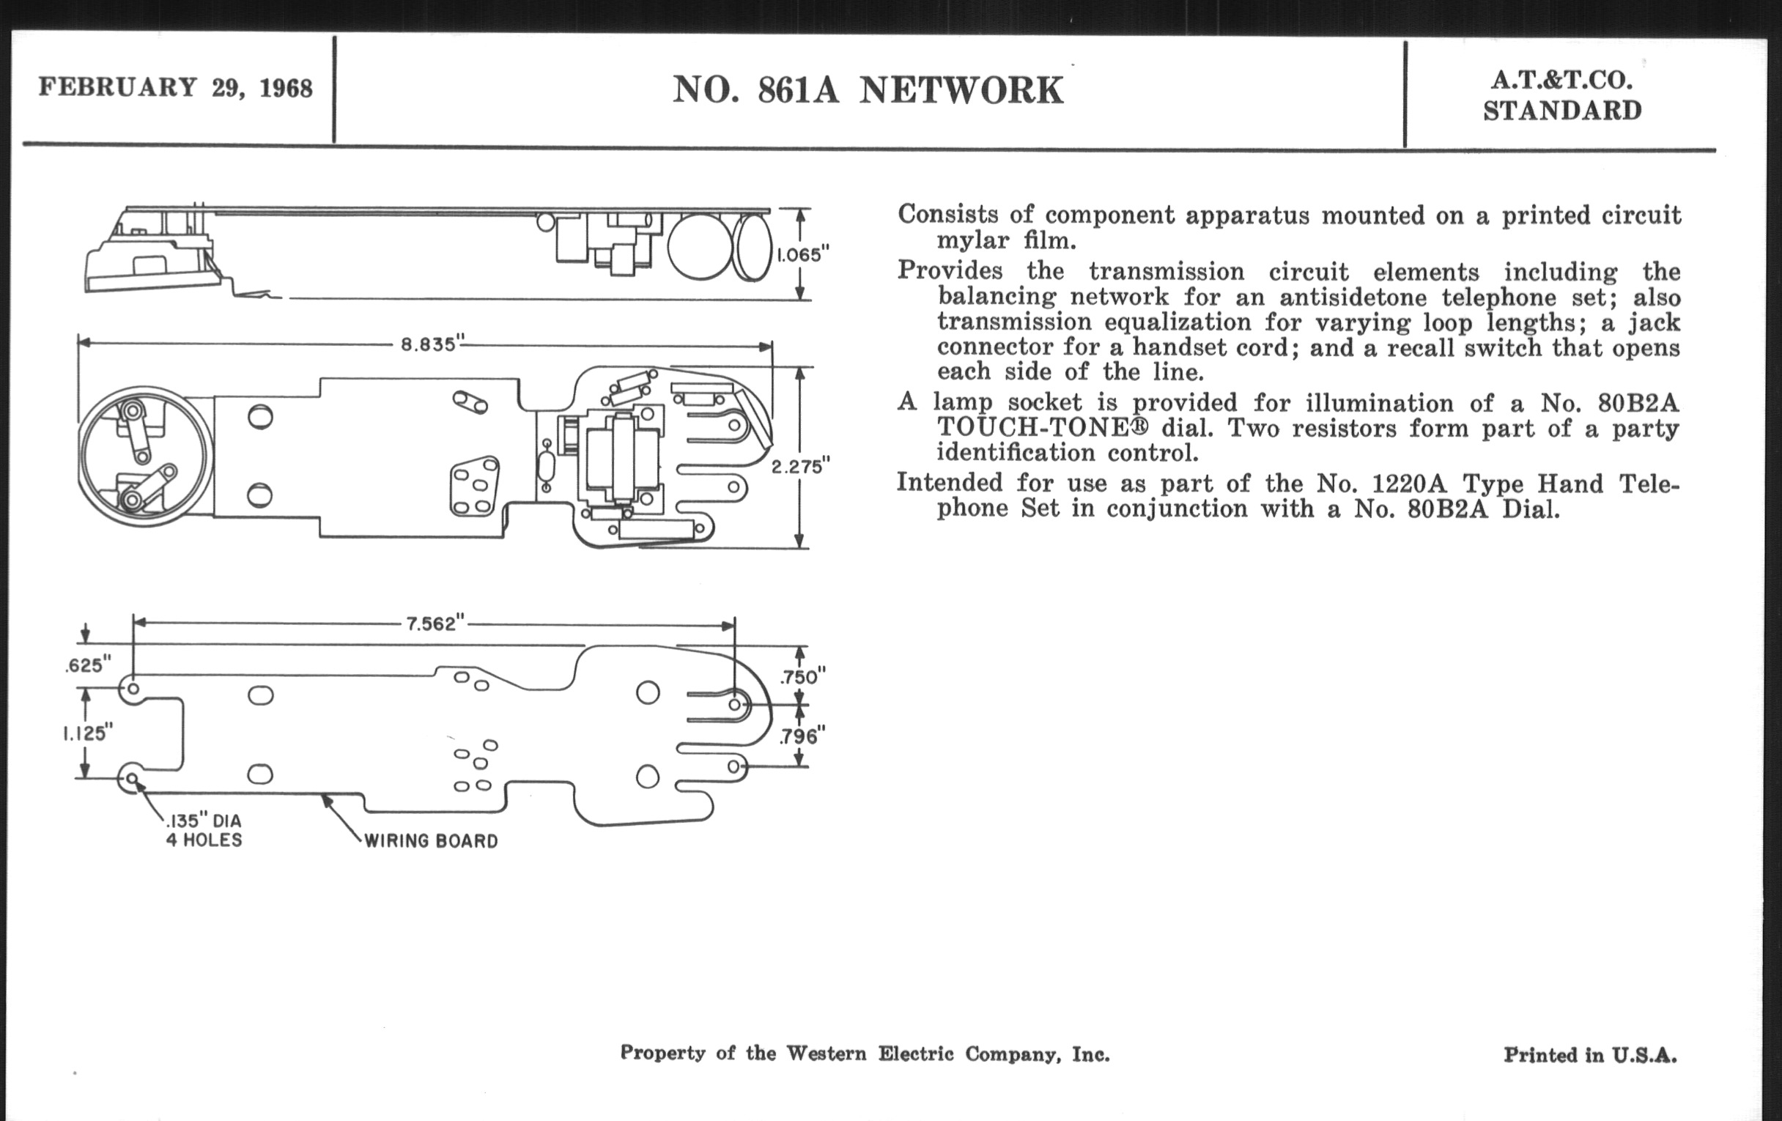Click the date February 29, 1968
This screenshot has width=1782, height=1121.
point(175,87)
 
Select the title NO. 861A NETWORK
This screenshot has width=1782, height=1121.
point(868,90)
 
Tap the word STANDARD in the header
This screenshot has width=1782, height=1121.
point(1562,111)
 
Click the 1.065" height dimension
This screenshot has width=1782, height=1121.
point(803,254)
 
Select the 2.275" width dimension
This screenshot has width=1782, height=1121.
point(801,467)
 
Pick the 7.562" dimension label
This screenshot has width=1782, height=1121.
point(435,624)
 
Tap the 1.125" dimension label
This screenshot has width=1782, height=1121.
point(87,733)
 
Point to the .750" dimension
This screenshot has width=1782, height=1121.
point(803,676)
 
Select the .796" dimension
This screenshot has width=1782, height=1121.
point(803,736)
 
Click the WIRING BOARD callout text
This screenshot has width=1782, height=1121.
point(431,840)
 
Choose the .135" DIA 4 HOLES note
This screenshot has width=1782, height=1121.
point(204,830)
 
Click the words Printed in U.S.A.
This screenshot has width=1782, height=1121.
point(1589,1054)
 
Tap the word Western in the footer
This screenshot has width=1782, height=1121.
point(825,1053)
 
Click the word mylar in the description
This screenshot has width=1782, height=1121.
point(972,240)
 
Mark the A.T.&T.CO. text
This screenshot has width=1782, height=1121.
point(1561,80)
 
